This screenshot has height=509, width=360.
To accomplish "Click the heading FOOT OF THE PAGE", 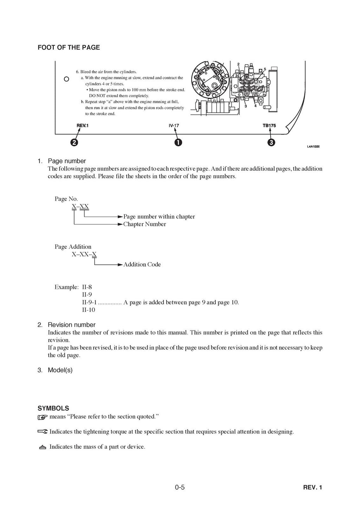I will (69, 47).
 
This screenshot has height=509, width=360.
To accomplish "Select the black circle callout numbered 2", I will (74, 142).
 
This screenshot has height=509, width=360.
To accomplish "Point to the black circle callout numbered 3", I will (271, 142).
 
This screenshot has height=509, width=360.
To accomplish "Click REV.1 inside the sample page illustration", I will (83, 125).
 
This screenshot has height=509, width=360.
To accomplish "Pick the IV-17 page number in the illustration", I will (174, 125).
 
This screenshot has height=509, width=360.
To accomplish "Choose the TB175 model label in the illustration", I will (269, 125).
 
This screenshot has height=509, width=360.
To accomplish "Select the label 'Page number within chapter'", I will (159, 216).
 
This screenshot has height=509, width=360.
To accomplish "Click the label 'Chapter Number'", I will (144, 224).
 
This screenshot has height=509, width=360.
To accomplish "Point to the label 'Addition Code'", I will (142, 265).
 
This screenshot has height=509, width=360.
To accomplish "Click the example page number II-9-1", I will (89, 302).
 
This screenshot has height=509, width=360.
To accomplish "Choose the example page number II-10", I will (88, 310).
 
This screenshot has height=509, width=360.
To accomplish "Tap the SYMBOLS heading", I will (53, 408).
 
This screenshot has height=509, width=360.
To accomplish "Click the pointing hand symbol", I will (43, 417).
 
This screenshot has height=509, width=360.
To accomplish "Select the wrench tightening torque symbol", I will (43, 431).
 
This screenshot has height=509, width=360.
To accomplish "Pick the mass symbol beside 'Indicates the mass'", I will (43, 447).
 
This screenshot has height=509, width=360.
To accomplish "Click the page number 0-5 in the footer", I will (180, 487).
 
